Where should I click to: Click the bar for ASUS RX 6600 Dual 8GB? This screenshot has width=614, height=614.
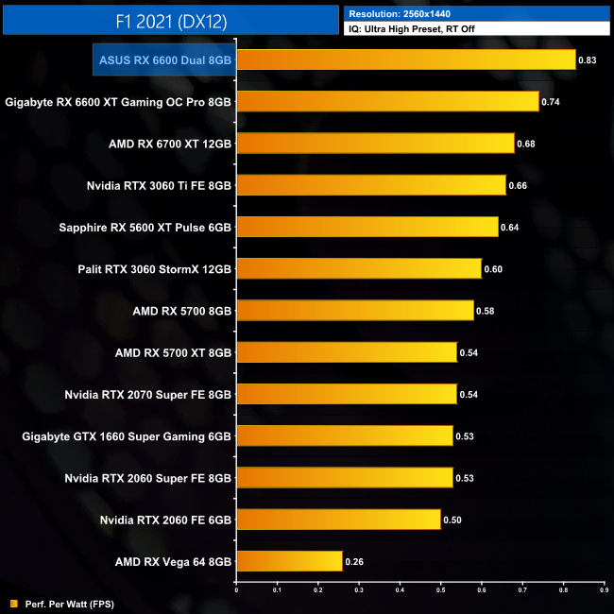[x=406, y=60]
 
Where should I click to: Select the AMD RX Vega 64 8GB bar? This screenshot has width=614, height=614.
[x=289, y=561]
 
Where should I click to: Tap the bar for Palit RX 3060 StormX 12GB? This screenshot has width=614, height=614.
[x=359, y=269]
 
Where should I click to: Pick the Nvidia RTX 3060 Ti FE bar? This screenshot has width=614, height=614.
[x=371, y=185]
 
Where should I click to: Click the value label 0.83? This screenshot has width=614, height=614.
[x=588, y=60]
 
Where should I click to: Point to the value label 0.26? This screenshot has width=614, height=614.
[x=353, y=561]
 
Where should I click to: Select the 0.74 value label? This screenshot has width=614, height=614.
[x=551, y=102]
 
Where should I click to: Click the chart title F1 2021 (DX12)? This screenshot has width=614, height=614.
[x=171, y=19]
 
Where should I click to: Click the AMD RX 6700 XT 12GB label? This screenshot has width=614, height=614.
[x=171, y=144]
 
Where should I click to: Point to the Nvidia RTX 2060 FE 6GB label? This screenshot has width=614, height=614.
[x=165, y=520]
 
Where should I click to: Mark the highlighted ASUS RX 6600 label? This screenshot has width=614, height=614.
[x=165, y=60]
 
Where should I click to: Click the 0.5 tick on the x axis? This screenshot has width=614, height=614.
[x=440, y=591]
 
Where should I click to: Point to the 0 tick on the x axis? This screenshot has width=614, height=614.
[x=236, y=591]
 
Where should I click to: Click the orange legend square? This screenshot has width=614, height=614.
[x=13, y=603]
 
